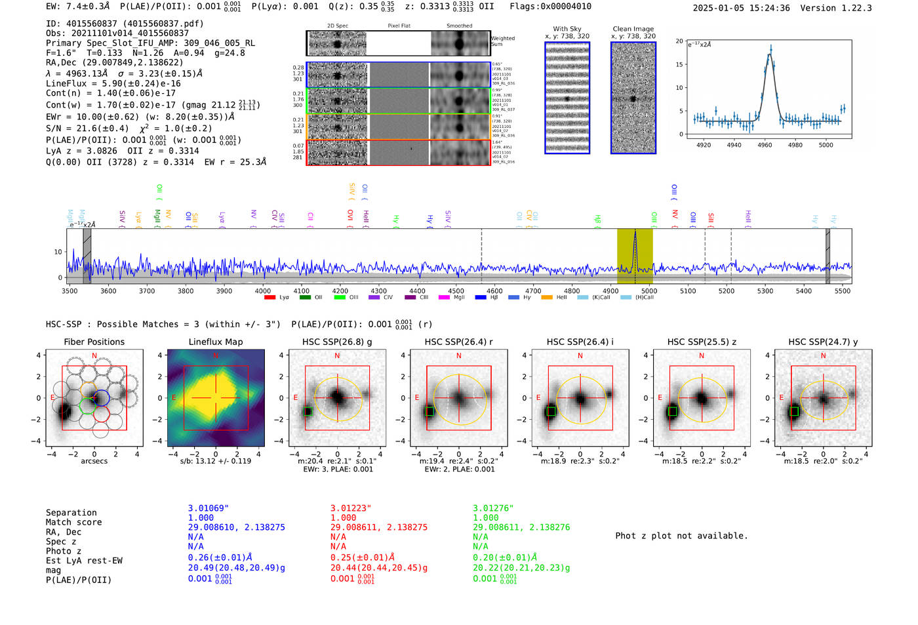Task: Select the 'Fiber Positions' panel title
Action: [94, 342]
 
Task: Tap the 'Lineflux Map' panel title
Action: [215, 342]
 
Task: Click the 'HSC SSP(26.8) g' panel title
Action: [337, 342]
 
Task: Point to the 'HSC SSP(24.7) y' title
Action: [823, 342]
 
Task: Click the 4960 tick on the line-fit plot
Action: [765, 145]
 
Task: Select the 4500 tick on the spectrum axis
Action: [456, 291]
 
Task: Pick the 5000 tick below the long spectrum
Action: [649, 291]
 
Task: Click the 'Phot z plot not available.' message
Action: [681, 536]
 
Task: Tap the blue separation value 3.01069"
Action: [209, 508]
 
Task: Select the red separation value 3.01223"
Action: [351, 508]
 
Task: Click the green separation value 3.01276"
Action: [493, 508]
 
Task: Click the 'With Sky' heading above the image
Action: [567, 29]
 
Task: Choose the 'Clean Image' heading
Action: [633, 29]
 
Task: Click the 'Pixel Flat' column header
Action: [399, 26]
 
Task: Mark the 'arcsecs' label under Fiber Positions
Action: [94, 461]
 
